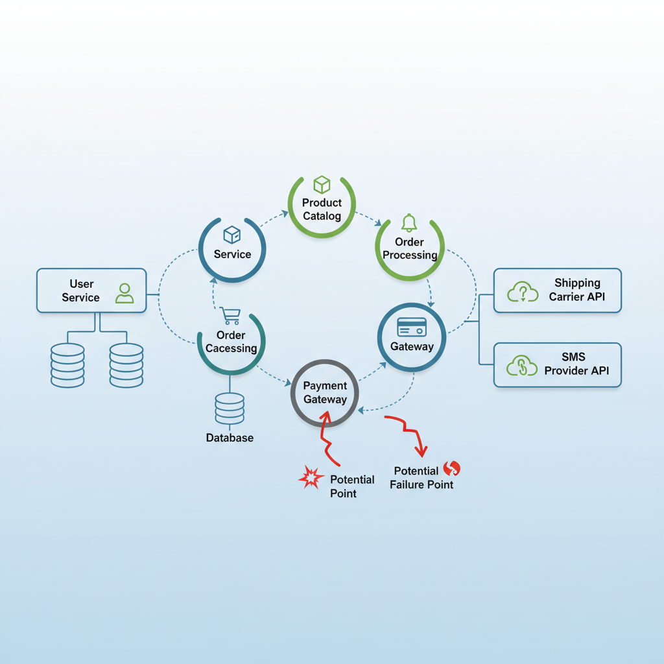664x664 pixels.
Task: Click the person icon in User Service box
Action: point(124,293)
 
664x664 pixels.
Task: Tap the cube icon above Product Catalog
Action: point(322,185)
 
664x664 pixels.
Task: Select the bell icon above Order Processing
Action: point(409,223)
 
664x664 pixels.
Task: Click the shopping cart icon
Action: point(230,316)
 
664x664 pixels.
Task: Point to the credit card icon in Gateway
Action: point(412,327)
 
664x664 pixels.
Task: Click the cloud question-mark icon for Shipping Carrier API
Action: point(523,292)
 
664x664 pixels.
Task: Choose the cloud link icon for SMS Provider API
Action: point(523,366)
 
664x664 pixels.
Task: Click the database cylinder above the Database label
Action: point(230,409)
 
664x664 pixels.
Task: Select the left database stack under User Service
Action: point(67,365)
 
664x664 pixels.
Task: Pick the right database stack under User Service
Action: point(126,365)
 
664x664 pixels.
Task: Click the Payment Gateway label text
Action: point(325,393)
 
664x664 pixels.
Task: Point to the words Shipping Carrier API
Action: point(577,290)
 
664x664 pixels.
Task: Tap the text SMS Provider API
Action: point(576,364)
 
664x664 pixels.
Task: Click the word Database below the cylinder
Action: point(230,438)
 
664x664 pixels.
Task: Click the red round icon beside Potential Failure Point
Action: point(451,468)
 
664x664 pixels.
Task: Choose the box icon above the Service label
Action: point(231,235)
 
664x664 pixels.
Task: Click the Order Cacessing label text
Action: point(231,342)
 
